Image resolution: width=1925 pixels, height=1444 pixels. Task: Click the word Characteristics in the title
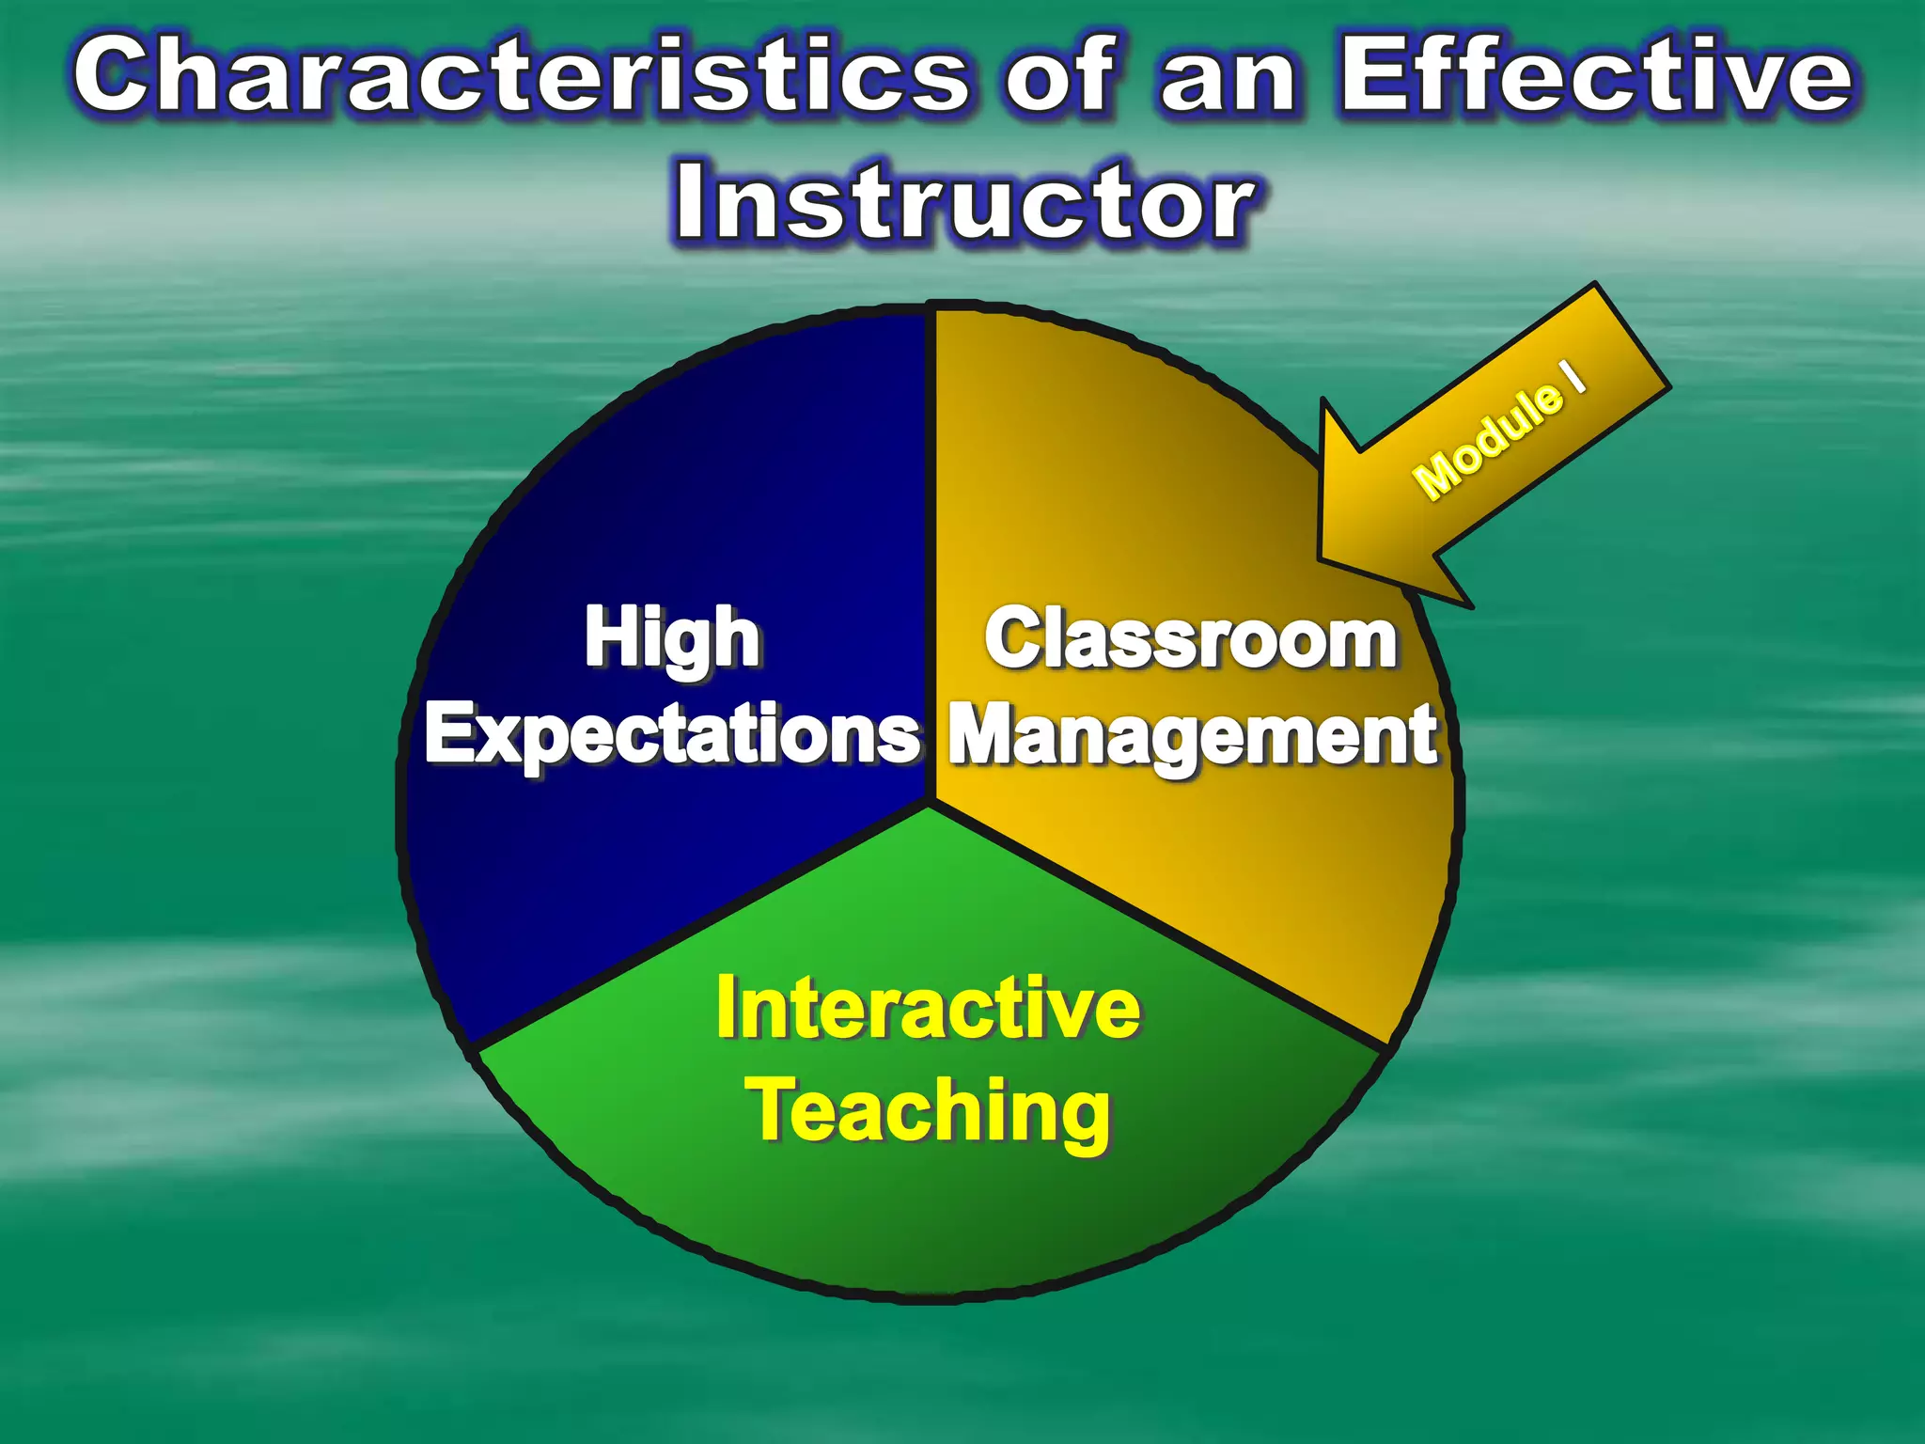[522, 75]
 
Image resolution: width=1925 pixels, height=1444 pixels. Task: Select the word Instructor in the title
[964, 202]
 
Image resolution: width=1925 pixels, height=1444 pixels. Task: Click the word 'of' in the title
[1059, 75]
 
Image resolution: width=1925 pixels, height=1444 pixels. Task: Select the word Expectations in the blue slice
[672, 735]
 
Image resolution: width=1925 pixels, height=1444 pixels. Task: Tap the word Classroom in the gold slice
[1191, 639]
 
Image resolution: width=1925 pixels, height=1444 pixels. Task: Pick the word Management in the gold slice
[1193, 735]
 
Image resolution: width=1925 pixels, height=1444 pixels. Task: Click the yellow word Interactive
[928, 1009]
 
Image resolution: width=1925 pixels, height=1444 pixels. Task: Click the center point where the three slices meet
[931, 804]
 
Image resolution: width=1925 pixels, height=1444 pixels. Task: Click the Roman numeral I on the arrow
[1573, 375]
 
